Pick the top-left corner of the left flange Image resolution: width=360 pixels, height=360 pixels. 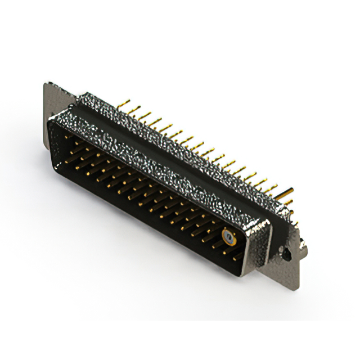46,84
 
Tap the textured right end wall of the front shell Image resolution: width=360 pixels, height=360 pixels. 260,247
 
